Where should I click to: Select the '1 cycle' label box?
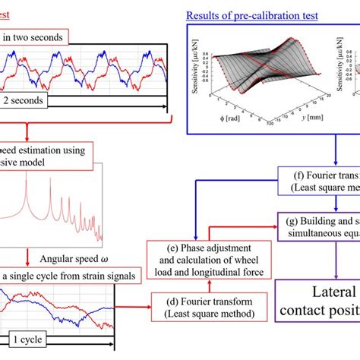point(26,339)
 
